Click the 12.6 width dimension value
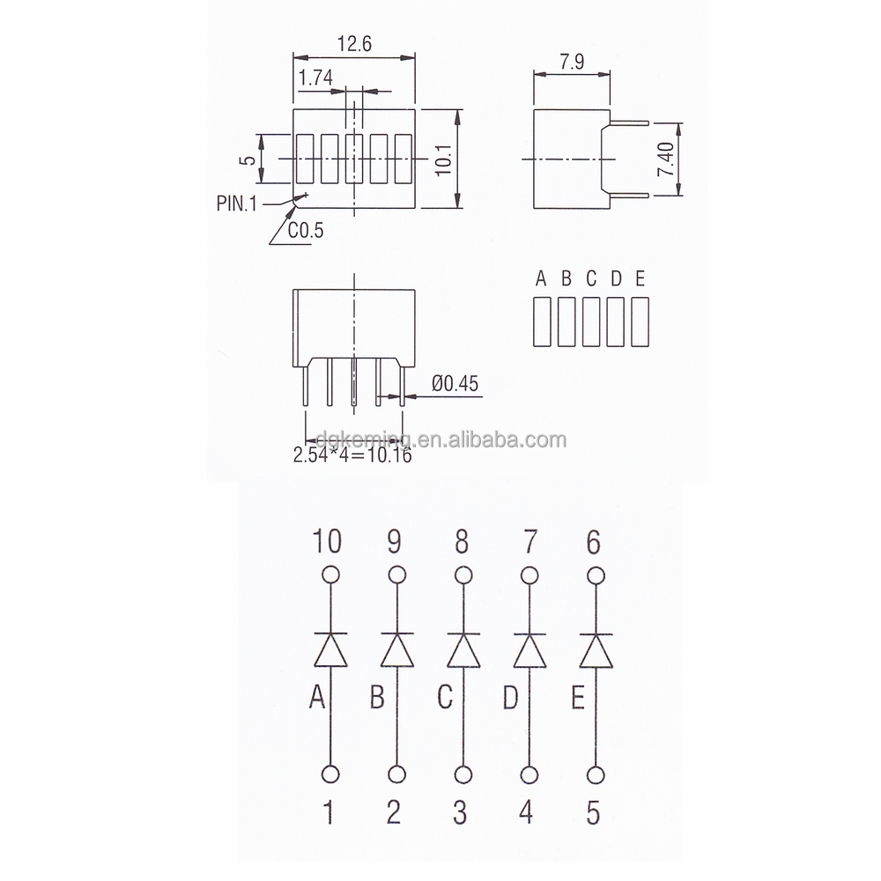352,43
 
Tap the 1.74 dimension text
315,78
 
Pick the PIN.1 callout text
236,204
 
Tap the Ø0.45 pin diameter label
457,383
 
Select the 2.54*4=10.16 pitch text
352,455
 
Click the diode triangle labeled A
330,651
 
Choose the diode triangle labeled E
596,651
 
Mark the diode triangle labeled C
463,651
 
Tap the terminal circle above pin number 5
596,774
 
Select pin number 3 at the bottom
460,812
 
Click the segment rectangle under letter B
566,322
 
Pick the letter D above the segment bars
617,280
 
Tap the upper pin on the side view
627,123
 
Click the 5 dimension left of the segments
250,159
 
